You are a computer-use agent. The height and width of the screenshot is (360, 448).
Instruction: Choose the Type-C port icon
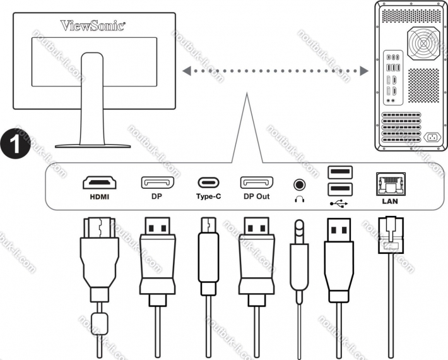point(209,183)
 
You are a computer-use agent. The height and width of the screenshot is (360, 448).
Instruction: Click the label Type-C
point(209,196)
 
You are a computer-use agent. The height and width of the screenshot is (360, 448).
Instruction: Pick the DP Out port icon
point(256,183)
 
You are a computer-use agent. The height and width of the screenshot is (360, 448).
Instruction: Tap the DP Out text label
point(256,196)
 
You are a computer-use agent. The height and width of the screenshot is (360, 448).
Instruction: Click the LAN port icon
point(391,184)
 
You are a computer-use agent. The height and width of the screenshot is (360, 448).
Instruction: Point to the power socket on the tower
point(433,137)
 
